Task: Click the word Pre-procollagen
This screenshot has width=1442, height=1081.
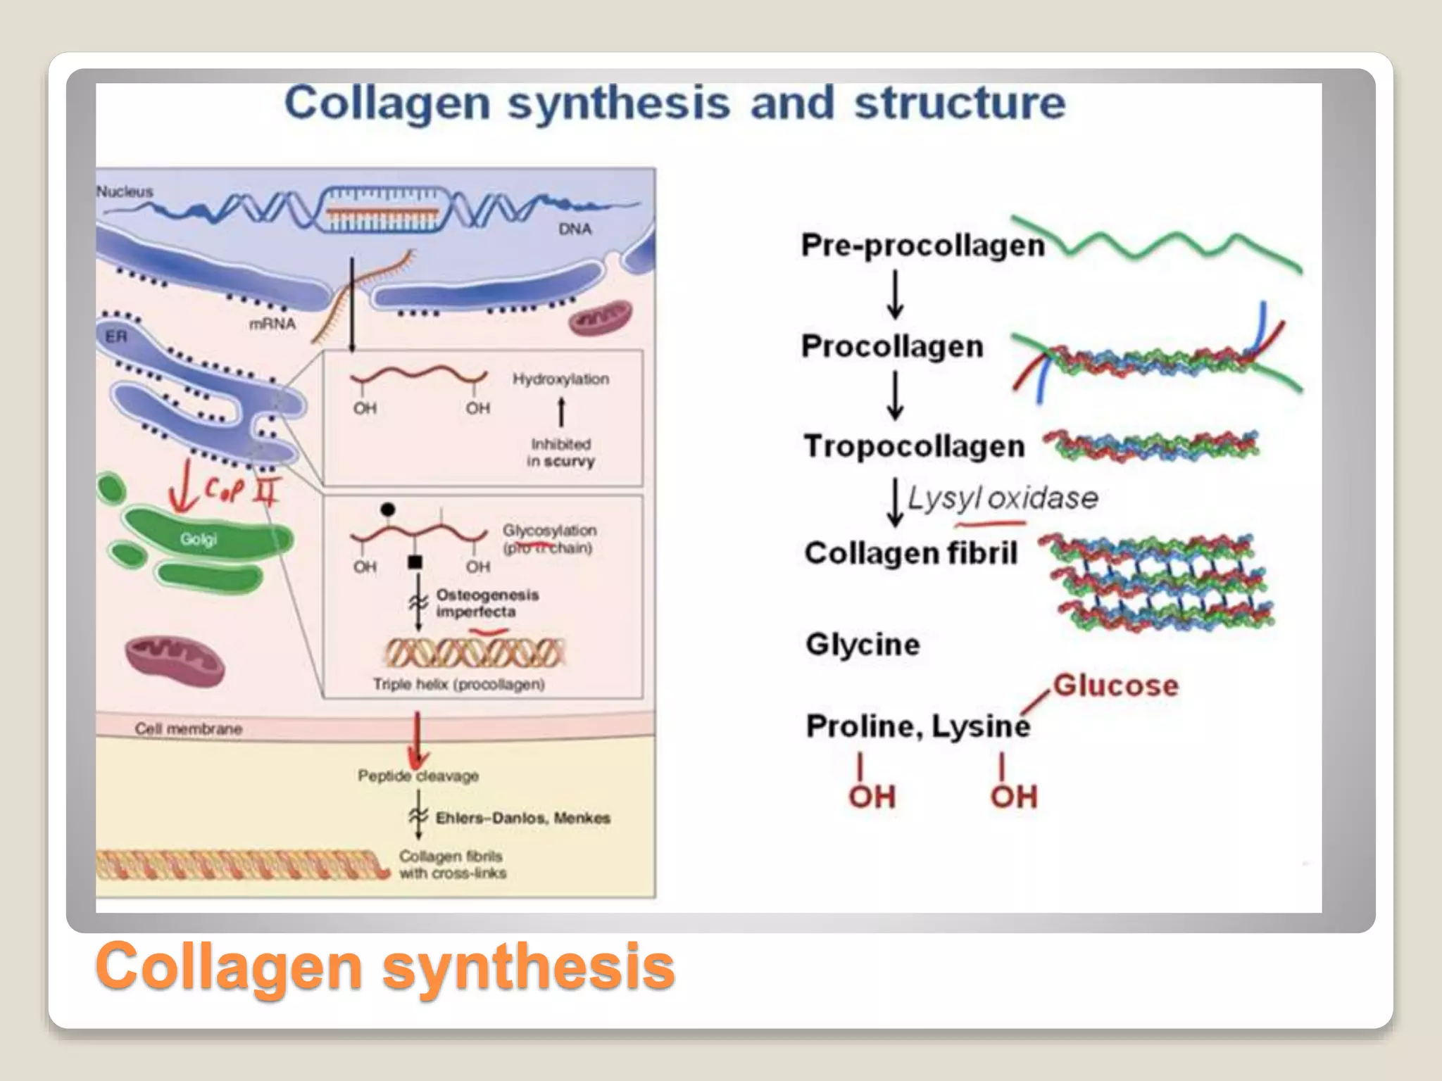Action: point(922,246)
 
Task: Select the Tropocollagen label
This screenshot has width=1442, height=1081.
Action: point(914,446)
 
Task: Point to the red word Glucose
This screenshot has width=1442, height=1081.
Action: point(1115,685)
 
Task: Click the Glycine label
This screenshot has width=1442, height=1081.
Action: point(863,645)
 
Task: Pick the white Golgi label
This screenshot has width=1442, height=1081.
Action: point(198,540)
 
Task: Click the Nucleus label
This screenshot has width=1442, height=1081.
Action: point(125,191)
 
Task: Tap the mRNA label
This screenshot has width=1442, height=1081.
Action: point(272,324)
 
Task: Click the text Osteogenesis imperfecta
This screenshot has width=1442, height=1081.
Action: point(486,603)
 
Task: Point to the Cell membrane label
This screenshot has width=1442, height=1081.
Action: point(188,729)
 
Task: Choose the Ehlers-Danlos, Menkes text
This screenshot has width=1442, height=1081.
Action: point(522,818)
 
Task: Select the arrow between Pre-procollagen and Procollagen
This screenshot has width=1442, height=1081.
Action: point(895,294)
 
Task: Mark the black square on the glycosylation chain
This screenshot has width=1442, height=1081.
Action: point(415,562)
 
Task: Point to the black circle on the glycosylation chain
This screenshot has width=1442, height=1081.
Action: point(387,510)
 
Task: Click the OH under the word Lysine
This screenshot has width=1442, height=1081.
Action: point(1013,797)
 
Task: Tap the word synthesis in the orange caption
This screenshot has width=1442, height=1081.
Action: point(528,966)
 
